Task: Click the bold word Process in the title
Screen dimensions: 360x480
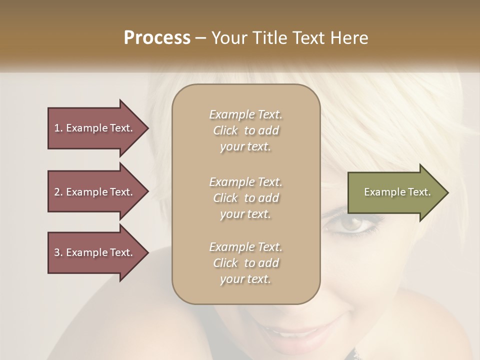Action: point(157,38)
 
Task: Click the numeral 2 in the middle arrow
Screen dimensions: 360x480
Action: point(57,192)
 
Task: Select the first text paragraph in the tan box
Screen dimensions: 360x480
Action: point(245,130)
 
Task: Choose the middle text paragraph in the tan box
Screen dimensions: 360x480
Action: point(245,198)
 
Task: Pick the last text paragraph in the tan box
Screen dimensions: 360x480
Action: point(245,263)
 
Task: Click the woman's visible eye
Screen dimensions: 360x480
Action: point(352,225)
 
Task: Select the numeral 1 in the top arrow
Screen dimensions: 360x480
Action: point(57,128)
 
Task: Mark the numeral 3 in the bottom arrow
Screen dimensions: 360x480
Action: point(57,252)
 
